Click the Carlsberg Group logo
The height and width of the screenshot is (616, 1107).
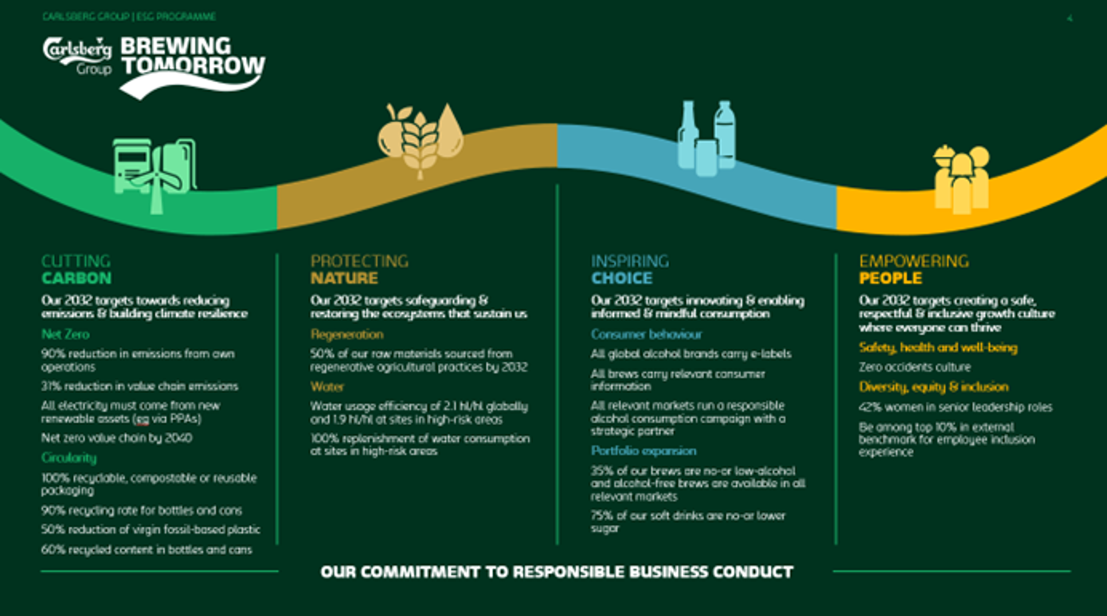pos(77,57)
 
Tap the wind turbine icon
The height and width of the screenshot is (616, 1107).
pos(157,180)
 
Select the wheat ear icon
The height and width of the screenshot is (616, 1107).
pos(420,144)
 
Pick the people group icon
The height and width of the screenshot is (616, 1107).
pos(961,179)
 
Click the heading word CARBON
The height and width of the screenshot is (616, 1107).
pos(76,278)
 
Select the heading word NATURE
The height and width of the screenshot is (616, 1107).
pos(345,278)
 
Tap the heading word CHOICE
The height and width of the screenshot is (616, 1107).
pos(622,278)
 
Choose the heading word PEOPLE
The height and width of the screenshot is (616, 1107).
pos(890,278)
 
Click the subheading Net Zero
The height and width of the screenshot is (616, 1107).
pos(65,335)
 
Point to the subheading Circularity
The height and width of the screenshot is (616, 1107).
pos(68,458)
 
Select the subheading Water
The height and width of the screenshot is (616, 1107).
pos(327,386)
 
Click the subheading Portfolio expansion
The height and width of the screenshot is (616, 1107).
pos(643,451)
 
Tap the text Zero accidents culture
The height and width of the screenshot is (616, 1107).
pos(915,367)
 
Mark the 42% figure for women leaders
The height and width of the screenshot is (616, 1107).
pos(870,407)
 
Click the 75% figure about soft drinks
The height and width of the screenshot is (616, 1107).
pos(601,516)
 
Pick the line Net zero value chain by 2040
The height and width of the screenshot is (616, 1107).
pos(116,438)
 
